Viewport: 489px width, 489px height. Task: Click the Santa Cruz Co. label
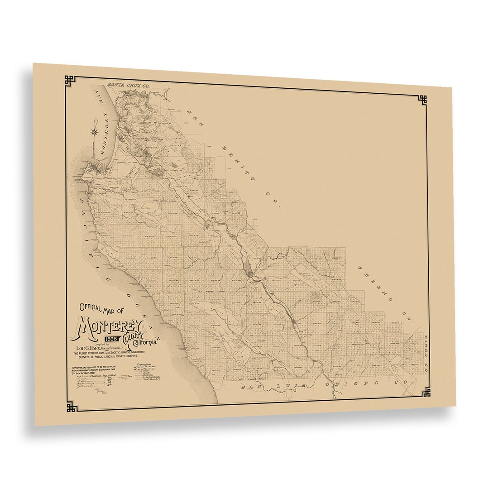(128, 85)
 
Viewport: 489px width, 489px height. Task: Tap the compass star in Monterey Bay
(95, 132)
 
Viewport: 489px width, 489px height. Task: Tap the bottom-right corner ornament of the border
(426, 392)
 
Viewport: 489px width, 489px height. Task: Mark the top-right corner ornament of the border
(422, 100)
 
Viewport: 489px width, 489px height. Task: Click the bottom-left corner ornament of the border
(72, 407)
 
